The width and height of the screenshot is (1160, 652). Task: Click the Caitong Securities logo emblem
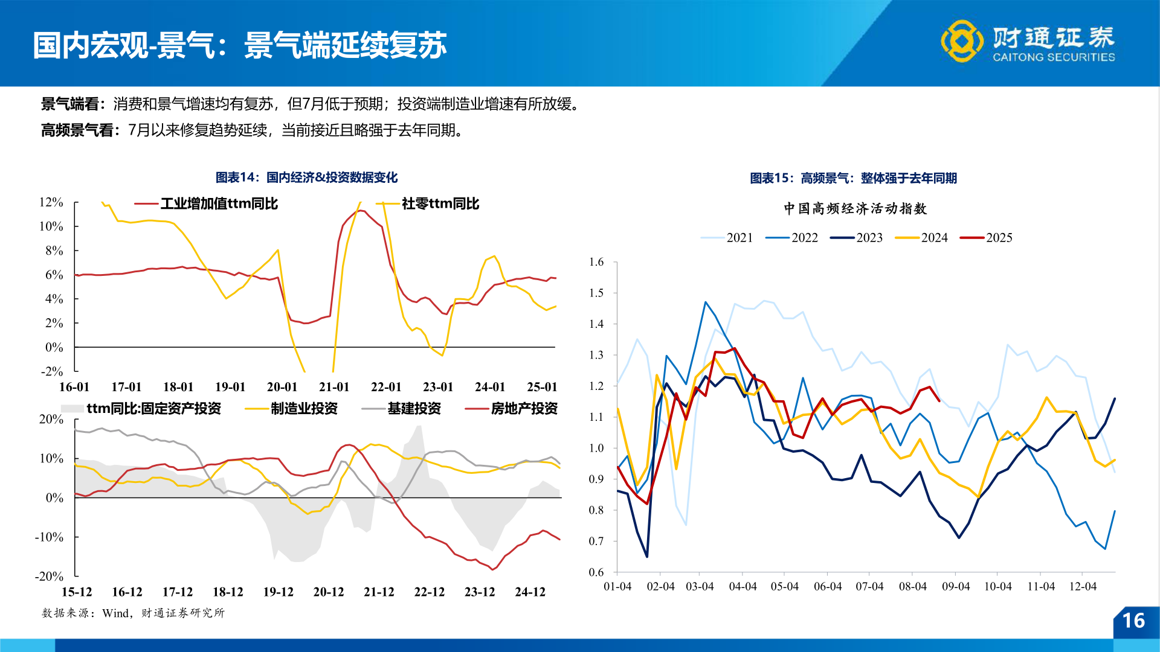click(962, 41)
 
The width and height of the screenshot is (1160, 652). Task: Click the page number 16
click(1133, 621)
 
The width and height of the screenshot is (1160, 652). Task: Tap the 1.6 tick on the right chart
click(596, 262)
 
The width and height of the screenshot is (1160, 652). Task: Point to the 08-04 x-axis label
click(912, 587)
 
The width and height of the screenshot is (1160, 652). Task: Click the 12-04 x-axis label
click(1083, 587)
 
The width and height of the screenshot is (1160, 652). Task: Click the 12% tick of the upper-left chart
click(51, 202)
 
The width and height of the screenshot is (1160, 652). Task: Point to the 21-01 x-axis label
click(334, 387)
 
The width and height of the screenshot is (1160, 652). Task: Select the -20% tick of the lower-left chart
click(49, 577)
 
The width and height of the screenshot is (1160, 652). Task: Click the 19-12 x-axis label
click(278, 592)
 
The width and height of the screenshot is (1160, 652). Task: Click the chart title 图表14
click(306, 177)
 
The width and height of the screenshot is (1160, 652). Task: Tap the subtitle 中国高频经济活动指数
click(855, 209)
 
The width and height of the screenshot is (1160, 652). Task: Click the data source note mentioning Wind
click(133, 613)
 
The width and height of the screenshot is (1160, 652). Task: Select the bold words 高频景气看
click(77, 130)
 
